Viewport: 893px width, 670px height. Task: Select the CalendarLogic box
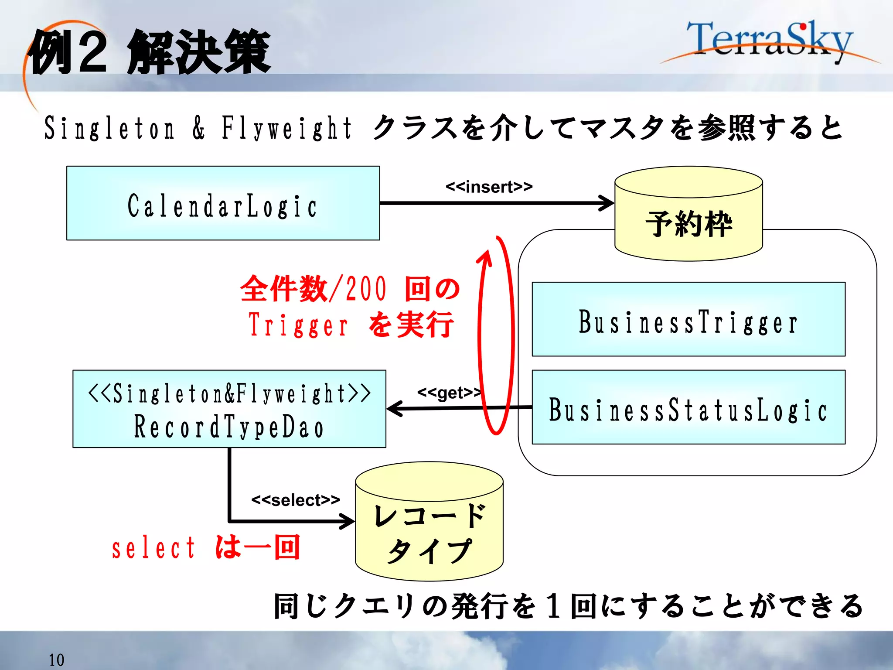223,203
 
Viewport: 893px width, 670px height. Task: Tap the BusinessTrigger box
688,319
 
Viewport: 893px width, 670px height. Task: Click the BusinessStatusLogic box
688,407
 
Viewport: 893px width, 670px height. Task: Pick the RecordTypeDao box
229,409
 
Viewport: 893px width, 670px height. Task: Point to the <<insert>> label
489,187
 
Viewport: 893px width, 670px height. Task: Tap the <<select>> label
296,500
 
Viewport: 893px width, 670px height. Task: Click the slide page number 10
56,660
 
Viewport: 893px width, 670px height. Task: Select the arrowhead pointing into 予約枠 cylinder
607,203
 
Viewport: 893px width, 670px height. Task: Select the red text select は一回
206,548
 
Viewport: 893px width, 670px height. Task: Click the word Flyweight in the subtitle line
286,128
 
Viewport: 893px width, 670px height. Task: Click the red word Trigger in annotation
299,325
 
